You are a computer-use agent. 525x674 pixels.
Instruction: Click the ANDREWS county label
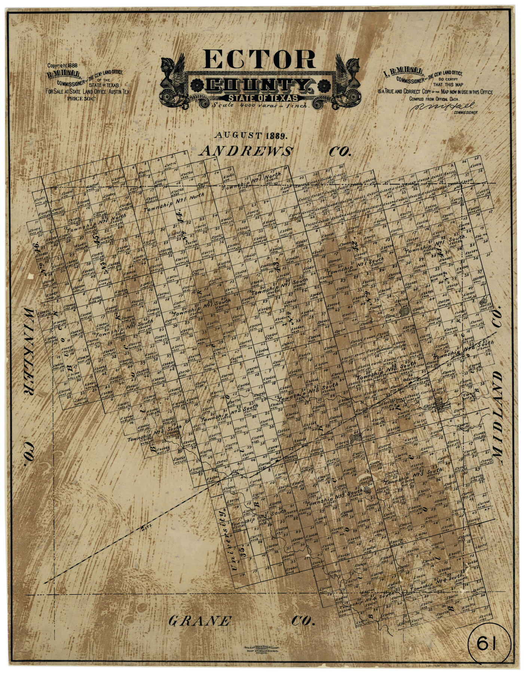pyautogui.click(x=246, y=151)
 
